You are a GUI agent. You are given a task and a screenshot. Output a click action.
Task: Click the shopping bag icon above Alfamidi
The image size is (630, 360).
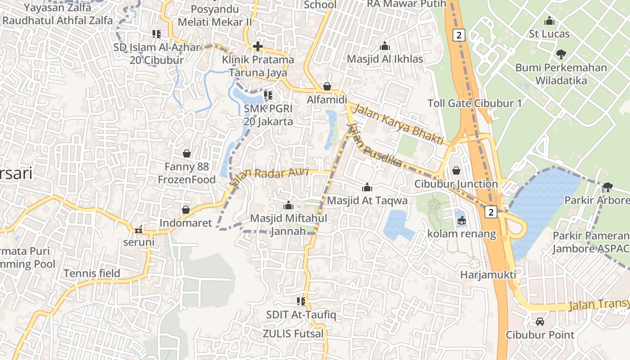(x=327, y=86)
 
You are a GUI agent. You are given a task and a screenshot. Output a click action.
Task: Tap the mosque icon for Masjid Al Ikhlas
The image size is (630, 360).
(x=384, y=46)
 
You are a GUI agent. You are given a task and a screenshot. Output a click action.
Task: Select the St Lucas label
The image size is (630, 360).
(x=549, y=34)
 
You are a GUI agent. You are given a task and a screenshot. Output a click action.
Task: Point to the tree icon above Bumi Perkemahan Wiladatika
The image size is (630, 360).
(x=561, y=54)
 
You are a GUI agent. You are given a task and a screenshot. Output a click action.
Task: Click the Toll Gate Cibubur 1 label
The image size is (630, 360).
(x=475, y=103)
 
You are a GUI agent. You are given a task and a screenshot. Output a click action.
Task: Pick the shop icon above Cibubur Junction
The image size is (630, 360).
(x=456, y=171)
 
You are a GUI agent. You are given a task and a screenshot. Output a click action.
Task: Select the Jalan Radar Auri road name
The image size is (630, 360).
(x=269, y=176)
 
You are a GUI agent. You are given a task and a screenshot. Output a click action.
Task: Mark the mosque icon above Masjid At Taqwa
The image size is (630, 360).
(x=367, y=187)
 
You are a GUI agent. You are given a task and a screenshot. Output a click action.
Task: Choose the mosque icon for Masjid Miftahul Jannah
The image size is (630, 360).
(x=288, y=206)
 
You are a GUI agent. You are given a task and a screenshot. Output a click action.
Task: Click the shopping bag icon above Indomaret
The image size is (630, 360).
(x=185, y=210)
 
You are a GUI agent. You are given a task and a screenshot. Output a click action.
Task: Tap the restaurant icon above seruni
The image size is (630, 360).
(x=139, y=229)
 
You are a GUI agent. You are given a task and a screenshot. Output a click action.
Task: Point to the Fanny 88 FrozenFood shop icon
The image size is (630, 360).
(x=186, y=153)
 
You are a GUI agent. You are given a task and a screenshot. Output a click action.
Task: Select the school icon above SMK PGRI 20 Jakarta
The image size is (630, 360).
(x=268, y=95)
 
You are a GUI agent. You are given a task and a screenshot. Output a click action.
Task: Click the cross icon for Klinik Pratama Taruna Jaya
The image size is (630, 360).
(x=258, y=46)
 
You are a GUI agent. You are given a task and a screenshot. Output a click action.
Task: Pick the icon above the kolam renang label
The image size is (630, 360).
(x=462, y=220)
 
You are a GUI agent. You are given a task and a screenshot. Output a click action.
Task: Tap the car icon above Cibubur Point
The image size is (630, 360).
(x=540, y=322)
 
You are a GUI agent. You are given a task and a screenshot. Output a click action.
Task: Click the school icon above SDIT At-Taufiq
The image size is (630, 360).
(x=301, y=301)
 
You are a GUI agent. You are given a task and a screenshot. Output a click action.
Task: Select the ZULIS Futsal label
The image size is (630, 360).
(x=293, y=334)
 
